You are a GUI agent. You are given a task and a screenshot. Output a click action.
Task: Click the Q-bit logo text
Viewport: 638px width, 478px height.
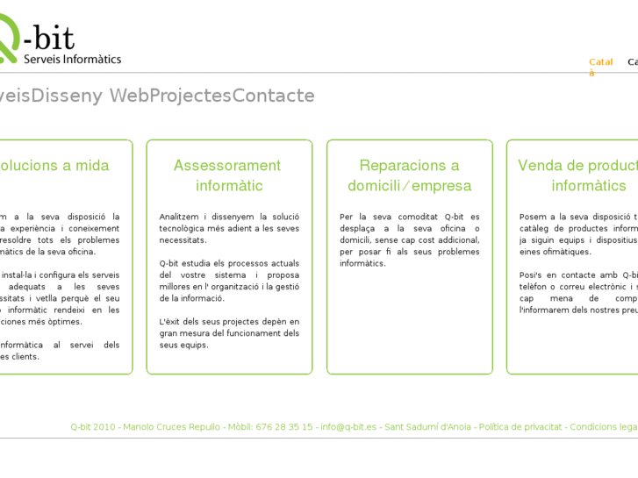click(48, 38)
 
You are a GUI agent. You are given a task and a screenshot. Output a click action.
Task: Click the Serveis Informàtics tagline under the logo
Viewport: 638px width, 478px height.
click(73, 59)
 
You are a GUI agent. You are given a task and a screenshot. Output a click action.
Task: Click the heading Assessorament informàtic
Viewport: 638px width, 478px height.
click(228, 175)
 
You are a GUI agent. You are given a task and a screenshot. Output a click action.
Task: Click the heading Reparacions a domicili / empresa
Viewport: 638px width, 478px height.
click(409, 175)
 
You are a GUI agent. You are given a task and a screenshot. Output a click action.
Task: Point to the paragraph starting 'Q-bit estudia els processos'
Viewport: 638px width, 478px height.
click(229, 281)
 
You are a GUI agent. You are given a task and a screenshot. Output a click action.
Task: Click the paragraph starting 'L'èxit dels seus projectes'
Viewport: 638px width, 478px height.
click(229, 333)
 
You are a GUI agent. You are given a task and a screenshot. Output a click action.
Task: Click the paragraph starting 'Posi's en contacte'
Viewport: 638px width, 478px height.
click(577, 292)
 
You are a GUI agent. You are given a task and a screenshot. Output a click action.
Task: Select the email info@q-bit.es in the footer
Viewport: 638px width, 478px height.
click(348, 427)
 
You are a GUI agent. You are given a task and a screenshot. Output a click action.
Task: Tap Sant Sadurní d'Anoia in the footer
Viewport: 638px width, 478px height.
click(428, 427)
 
